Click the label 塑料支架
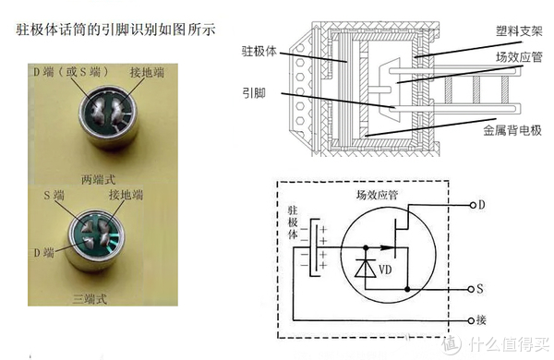point(519,31)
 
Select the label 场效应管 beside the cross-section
point(519,57)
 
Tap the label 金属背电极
point(512,130)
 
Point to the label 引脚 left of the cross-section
point(254,93)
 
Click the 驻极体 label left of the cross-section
point(259,52)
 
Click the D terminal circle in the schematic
point(473,205)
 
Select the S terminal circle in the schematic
point(471,289)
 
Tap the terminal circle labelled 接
point(471,321)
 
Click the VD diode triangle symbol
point(366,269)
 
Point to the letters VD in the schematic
point(385,270)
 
